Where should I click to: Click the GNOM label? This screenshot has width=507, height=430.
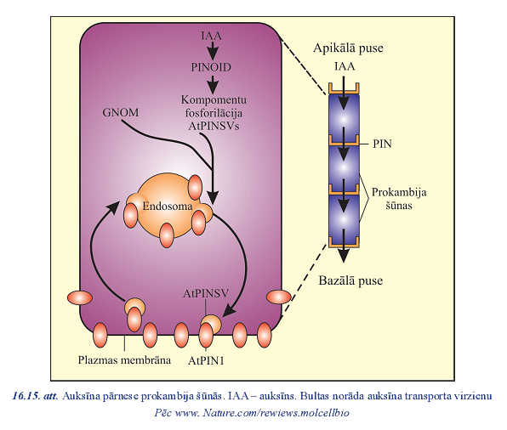point(121,112)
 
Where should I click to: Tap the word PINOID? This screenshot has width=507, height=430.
point(211,67)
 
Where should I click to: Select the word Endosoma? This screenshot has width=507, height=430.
point(168,207)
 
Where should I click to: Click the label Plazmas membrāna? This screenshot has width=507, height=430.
point(124,360)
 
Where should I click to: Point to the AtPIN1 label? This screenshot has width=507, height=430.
point(206,360)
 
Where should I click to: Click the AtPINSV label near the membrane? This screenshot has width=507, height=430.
point(206,293)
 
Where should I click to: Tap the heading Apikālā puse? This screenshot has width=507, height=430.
point(348,48)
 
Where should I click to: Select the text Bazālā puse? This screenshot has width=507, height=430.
point(350,280)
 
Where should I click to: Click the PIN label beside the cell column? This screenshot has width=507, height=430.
point(382,144)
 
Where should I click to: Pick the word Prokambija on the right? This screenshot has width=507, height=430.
point(399,192)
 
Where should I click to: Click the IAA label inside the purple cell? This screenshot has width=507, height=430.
point(212,35)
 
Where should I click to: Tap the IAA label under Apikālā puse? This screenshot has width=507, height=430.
point(345,66)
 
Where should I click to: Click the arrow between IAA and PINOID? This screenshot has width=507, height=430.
point(213,51)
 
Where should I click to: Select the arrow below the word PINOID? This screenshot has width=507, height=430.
point(213,84)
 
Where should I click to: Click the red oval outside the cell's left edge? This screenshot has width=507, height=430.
point(80,297)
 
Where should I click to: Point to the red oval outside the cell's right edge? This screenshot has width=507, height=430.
point(279,297)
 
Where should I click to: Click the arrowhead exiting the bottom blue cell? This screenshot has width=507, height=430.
point(344,256)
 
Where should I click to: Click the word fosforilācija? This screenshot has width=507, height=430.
point(214,113)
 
